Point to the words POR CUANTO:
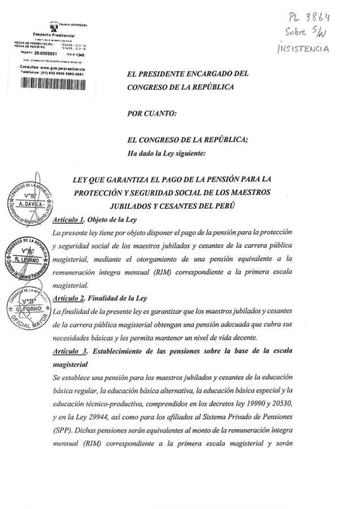[153, 114]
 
